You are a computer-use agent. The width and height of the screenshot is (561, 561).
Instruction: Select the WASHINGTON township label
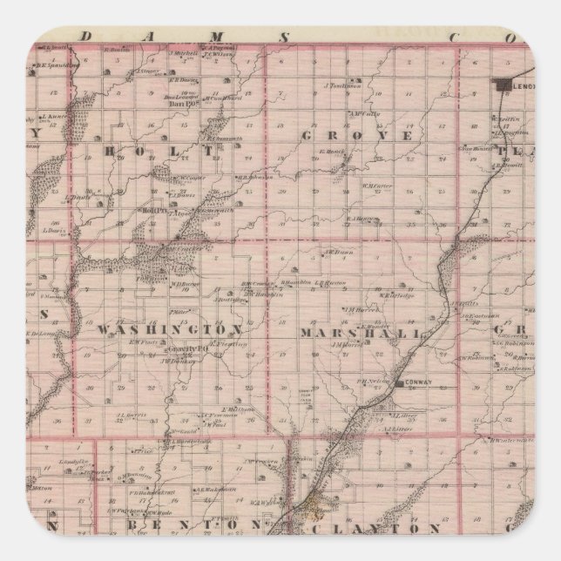[x=169, y=331]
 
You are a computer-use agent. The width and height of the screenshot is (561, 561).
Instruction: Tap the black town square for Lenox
[x=503, y=85]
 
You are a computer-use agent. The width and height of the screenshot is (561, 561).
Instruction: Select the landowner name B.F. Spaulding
[x=51, y=64]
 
